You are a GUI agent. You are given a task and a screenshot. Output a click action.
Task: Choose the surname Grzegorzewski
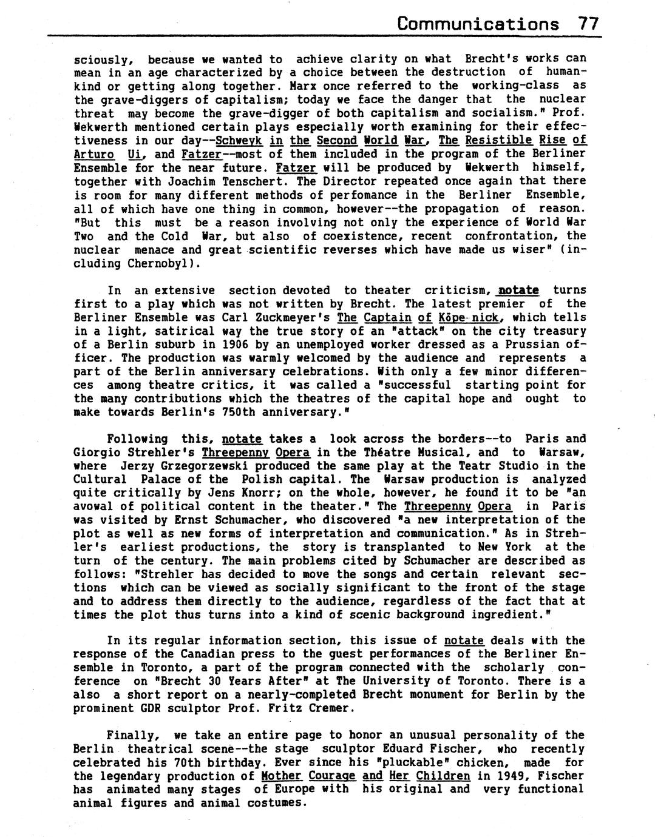[208, 466]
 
